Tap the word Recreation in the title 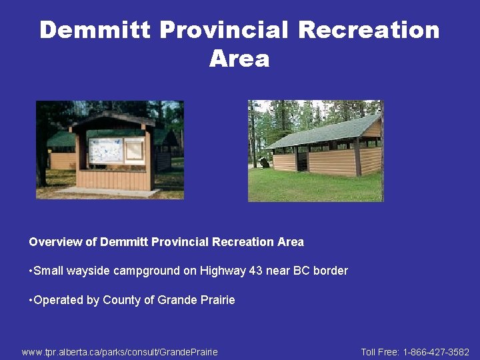(369, 30)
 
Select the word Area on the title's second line (239, 59)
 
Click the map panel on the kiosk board (106, 151)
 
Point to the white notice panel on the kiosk (134, 150)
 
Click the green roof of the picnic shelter (320, 132)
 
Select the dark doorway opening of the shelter (302, 161)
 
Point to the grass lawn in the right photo (313, 187)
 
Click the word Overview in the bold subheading (55, 242)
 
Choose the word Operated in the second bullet (58, 300)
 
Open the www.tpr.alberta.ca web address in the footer (119, 351)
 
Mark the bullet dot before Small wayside (31, 271)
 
